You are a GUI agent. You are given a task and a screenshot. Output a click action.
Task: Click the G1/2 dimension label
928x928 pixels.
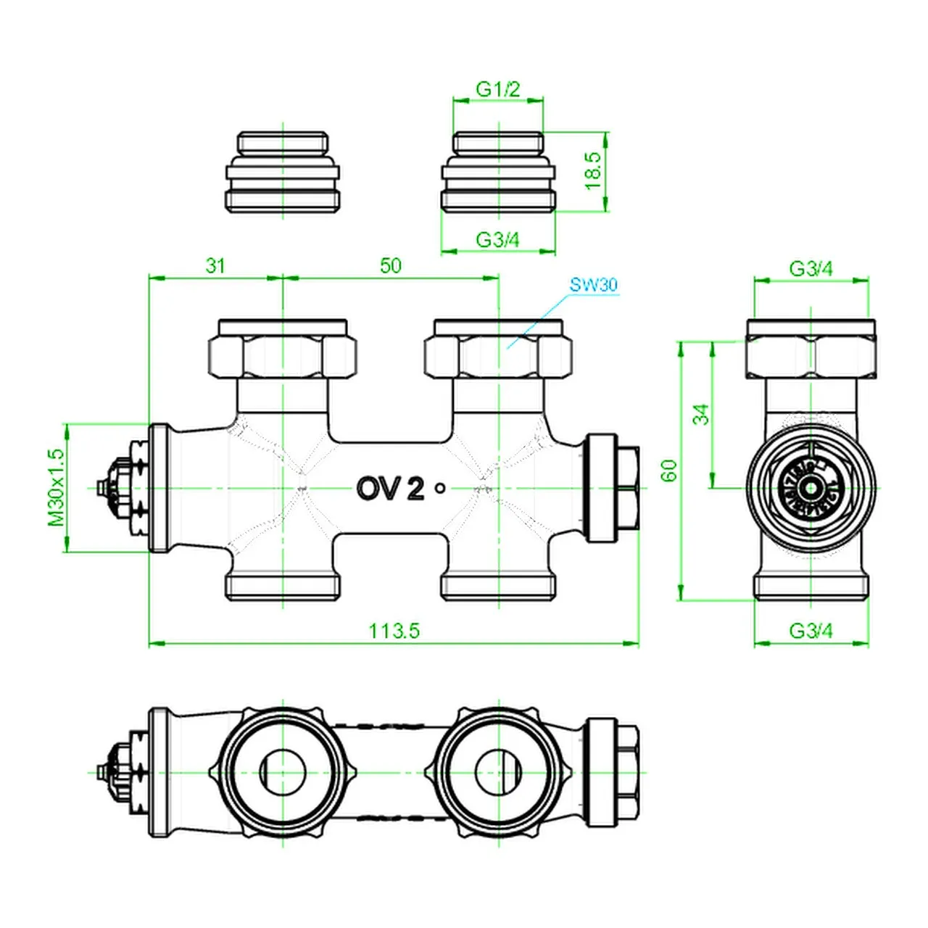(498, 89)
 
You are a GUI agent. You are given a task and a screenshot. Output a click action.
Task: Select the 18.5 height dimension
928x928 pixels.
(593, 171)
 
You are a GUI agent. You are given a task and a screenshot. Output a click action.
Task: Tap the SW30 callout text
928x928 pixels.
(593, 284)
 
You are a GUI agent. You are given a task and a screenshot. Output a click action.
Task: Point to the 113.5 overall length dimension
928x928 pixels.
(394, 631)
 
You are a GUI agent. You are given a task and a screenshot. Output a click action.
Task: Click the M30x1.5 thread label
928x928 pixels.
(57, 487)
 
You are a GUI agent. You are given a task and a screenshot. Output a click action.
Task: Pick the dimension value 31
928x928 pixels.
(215, 265)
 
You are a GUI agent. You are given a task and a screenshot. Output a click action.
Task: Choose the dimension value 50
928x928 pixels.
(390, 265)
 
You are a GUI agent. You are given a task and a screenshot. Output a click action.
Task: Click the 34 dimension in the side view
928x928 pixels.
(700, 415)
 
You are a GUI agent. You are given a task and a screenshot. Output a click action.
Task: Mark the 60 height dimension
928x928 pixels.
(669, 471)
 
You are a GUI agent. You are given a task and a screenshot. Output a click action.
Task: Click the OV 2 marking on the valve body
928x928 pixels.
(390, 489)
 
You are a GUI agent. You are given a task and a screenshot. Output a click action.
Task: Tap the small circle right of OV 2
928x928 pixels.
(440, 489)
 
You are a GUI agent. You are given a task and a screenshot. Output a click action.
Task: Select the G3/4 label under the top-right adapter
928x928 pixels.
(497, 239)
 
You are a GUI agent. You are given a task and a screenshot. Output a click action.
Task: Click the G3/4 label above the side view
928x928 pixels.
(811, 269)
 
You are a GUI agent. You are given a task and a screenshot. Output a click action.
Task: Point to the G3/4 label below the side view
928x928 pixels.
(811, 631)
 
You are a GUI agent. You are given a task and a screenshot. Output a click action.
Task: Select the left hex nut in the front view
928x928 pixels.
(282, 355)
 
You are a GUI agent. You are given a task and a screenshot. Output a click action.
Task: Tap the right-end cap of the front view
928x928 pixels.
(613, 487)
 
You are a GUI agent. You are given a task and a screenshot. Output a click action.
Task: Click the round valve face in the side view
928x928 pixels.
(811, 487)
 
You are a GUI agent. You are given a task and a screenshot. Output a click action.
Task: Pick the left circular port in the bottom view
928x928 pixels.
(282, 772)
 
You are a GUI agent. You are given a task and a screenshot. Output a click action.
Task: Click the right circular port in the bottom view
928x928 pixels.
(498, 772)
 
